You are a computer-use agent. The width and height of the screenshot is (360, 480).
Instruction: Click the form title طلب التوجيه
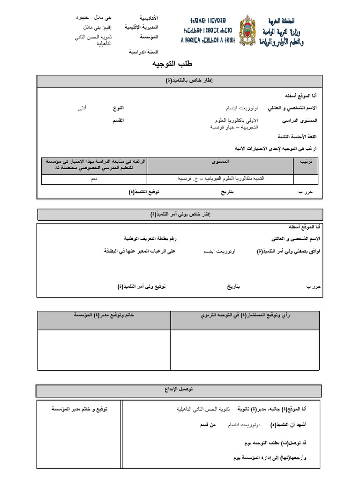(172, 64)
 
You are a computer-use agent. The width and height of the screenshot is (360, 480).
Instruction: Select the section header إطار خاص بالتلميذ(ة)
(180, 81)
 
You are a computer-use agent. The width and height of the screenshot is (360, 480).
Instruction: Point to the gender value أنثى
(82, 108)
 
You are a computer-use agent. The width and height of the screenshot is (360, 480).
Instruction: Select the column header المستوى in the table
(220, 161)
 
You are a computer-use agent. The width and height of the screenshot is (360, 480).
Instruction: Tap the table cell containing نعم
(94, 179)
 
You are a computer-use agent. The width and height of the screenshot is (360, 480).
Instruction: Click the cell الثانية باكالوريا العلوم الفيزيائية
(220, 179)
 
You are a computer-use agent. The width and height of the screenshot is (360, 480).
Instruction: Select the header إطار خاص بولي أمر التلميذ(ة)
(180, 214)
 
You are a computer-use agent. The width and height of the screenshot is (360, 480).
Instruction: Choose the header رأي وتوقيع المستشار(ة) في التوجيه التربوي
(246, 315)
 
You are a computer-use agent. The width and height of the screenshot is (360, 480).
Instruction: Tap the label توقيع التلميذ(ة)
(144, 192)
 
